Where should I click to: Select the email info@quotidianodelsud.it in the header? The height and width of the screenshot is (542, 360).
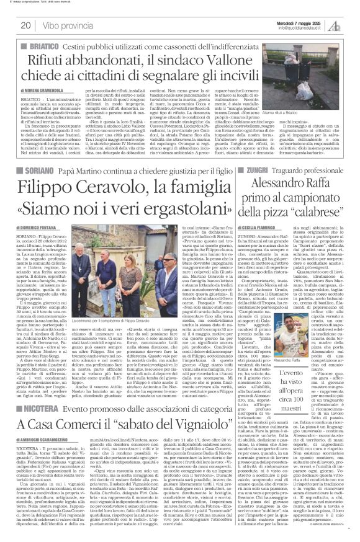click(x=302, y=28)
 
